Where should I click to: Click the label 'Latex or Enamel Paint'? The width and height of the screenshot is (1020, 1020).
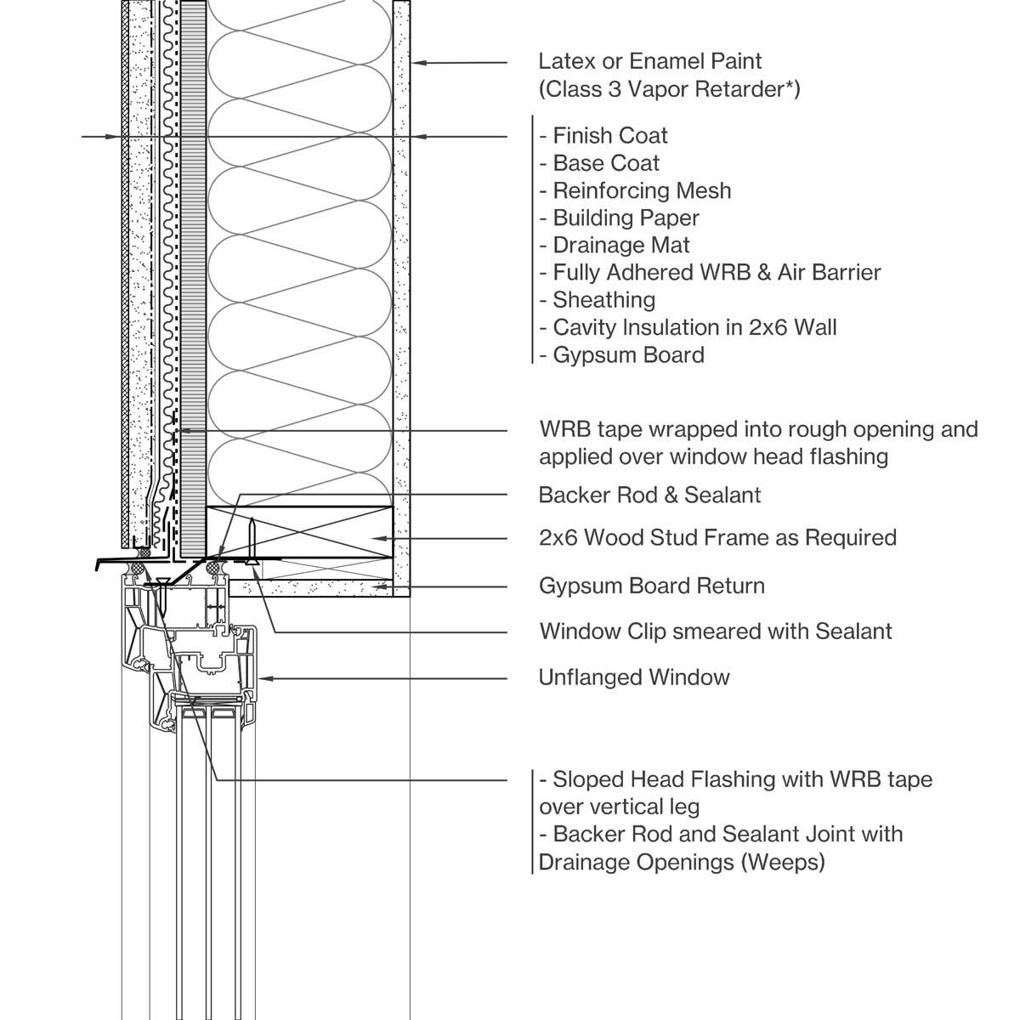pyautogui.click(x=650, y=61)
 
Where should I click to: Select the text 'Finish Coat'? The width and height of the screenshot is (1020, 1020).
pyautogui.click(x=609, y=135)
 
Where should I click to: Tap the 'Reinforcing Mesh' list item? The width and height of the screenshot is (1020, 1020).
pyautogui.click(x=642, y=190)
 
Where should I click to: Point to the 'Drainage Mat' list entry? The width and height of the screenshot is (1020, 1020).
pyautogui.click(x=620, y=245)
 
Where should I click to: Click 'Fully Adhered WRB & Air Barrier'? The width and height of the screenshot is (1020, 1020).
pyautogui.click(x=717, y=272)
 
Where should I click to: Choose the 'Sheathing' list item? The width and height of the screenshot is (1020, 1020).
pyautogui.click(x=603, y=299)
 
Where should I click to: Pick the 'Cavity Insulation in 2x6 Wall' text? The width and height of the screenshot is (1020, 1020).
pyautogui.click(x=694, y=327)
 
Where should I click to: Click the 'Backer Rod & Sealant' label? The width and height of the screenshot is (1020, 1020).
pyautogui.click(x=649, y=495)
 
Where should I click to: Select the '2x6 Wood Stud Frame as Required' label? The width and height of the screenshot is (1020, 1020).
pyautogui.click(x=717, y=537)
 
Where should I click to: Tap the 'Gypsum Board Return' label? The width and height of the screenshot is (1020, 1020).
pyautogui.click(x=651, y=586)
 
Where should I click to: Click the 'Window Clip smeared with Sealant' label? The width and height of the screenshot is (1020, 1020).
pyautogui.click(x=716, y=632)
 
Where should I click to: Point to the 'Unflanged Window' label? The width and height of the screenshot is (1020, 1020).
pyautogui.click(x=634, y=677)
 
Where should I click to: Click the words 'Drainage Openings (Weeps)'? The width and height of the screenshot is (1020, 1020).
pyautogui.click(x=683, y=862)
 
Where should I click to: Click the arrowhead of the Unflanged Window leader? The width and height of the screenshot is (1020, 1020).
pyautogui.click(x=263, y=677)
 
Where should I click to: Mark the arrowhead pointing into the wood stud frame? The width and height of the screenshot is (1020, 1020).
pyautogui.click(x=385, y=538)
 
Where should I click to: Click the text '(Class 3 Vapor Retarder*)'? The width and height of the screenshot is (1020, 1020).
pyautogui.click(x=669, y=88)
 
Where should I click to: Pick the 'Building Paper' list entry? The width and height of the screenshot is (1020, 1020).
pyautogui.click(x=626, y=218)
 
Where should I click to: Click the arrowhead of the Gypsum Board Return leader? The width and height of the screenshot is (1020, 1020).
pyautogui.click(x=385, y=586)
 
